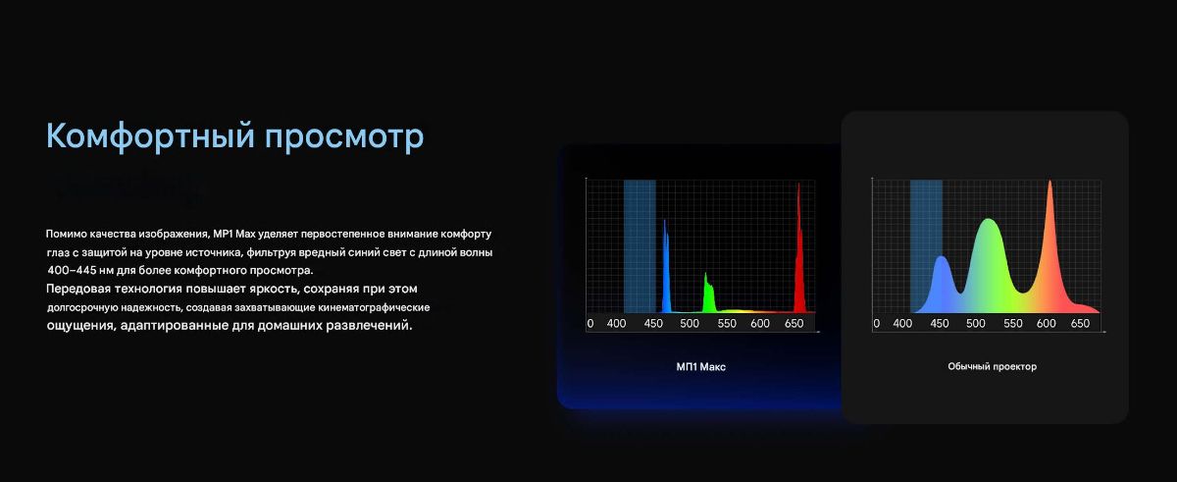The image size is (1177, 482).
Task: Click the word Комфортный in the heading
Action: pyautogui.click(x=150, y=136)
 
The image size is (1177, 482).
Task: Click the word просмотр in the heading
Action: pyautogui.click(x=344, y=137)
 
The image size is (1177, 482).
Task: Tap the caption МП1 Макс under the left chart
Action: pyautogui.click(x=701, y=367)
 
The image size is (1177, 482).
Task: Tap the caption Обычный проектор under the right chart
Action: pyautogui.click(x=992, y=366)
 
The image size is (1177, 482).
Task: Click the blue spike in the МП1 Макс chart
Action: pyautogui.click(x=666, y=273)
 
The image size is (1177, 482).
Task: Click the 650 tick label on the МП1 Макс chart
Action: pyautogui.click(x=793, y=324)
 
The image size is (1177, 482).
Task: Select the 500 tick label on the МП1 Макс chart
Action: pyautogui.click(x=690, y=324)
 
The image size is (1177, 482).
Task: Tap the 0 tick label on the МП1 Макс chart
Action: pyautogui.click(x=590, y=324)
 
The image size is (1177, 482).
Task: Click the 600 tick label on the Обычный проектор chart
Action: pyautogui.click(x=1047, y=324)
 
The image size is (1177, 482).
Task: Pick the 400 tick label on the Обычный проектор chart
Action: pyautogui.click(x=902, y=324)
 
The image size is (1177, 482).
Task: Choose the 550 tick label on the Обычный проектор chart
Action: pyautogui.click(x=1013, y=324)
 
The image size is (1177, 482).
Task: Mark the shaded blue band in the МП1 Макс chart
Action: pyautogui.click(x=640, y=246)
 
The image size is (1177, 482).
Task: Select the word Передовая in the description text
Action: pyautogui.click(x=78, y=289)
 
